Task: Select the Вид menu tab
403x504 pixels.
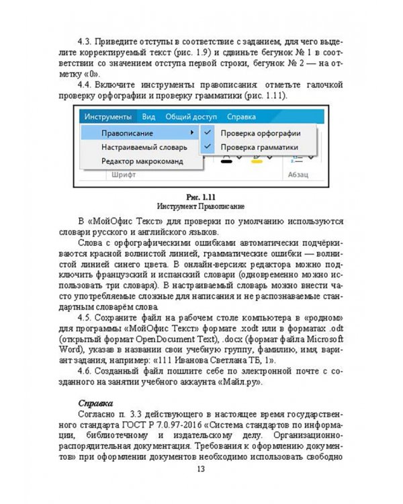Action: [x=148, y=116]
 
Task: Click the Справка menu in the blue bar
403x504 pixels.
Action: [x=241, y=116]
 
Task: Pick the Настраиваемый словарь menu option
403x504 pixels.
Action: [x=140, y=147]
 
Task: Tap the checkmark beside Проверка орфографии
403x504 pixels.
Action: [x=208, y=132]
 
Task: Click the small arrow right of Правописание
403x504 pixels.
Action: [x=192, y=132]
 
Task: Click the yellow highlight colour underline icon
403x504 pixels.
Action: [x=256, y=161]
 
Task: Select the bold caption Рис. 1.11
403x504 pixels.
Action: [x=200, y=196]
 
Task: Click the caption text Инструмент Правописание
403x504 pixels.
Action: [x=200, y=205]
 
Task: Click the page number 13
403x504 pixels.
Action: [x=200, y=469]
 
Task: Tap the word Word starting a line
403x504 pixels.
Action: [x=67, y=350]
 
